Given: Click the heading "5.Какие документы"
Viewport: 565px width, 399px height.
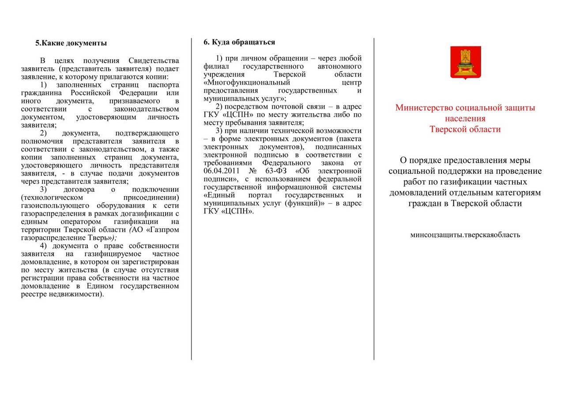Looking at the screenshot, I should pyautogui.click(x=71, y=43).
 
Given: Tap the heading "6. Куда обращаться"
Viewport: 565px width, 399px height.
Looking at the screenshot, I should pyautogui.click(x=239, y=42).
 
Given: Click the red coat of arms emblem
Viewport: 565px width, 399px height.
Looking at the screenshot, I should pyautogui.click(x=465, y=63).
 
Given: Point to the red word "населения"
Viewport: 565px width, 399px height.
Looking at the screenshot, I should pyautogui.click(x=465, y=119).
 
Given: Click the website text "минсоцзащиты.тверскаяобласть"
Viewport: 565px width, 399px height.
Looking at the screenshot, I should pyautogui.click(x=465, y=235).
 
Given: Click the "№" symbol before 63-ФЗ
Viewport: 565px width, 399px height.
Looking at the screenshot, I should pyautogui.click(x=253, y=171).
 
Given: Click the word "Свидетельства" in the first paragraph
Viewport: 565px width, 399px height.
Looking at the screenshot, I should pyautogui.click(x=153, y=60).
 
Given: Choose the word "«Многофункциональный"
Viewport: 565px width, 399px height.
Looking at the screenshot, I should pyautogui.click(x=247, y=82).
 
